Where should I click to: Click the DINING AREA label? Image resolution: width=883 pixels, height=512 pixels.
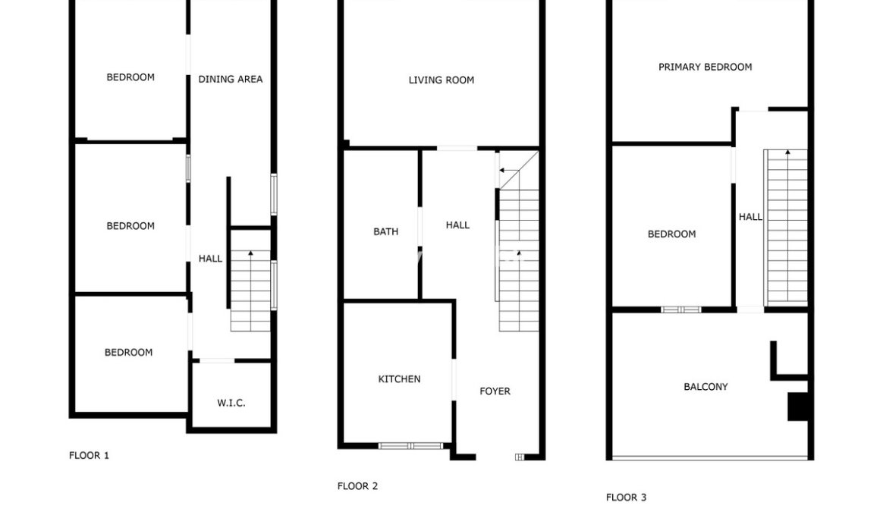click(231, 80)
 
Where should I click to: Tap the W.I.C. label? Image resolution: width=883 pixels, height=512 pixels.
click(231, 403)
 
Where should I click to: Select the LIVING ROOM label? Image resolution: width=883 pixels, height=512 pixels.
click(441, 80)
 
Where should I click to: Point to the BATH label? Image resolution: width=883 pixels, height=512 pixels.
click(386, 231)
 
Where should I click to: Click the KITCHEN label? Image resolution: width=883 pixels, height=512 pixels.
click(399, 379)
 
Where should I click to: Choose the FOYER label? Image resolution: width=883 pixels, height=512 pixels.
click(495, 391)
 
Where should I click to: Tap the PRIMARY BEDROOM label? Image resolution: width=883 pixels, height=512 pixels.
click(705, 67)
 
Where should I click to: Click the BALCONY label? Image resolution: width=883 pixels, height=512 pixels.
click(705, 386)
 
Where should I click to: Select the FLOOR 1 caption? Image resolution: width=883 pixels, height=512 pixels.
click(89, 455)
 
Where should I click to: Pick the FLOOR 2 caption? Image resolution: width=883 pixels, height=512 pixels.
click(357, 486)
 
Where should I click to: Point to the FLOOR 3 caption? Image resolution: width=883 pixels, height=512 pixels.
click(626, 498)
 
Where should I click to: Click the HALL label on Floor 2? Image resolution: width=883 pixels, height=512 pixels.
click(457, 225)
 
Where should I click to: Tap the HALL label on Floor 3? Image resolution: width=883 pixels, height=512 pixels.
click(751, 217)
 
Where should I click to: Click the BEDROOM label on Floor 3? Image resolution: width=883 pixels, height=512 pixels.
click(671, 234)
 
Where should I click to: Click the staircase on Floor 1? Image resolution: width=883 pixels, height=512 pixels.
click(250, 291)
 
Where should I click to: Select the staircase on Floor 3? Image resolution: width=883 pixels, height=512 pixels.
click(786, 228)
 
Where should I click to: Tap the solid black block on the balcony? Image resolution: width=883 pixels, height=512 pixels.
click(798, 407)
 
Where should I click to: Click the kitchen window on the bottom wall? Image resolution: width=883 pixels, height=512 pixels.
click(410, 446)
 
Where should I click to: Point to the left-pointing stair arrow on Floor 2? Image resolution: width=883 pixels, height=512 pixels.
click(509, 171)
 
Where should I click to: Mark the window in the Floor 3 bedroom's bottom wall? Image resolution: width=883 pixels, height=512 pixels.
click(680, 309)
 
